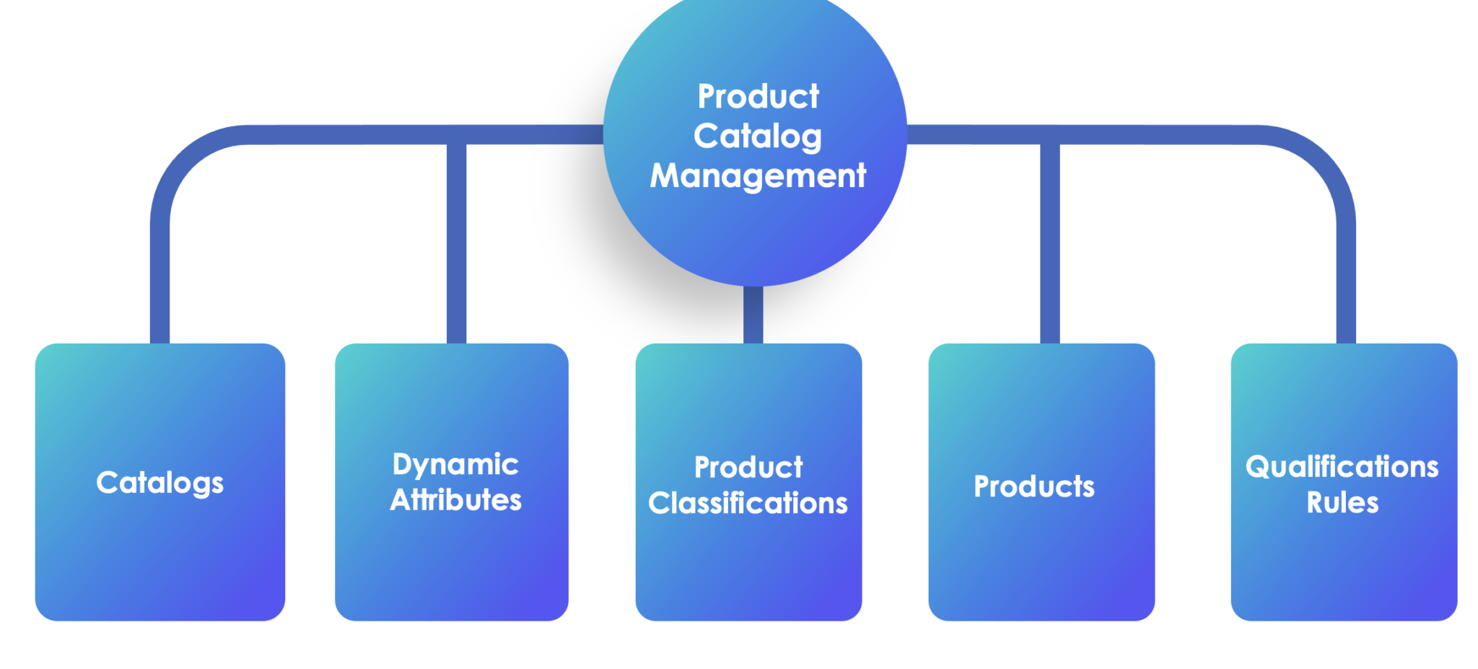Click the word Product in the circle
758,97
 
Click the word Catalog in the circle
757,136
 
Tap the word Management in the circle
757,175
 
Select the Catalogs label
159,483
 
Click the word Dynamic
455,465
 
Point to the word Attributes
455,500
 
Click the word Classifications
748,503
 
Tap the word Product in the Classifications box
748,468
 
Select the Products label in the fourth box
1033,486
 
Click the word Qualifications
1342,467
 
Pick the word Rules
1342,502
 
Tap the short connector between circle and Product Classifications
753,315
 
